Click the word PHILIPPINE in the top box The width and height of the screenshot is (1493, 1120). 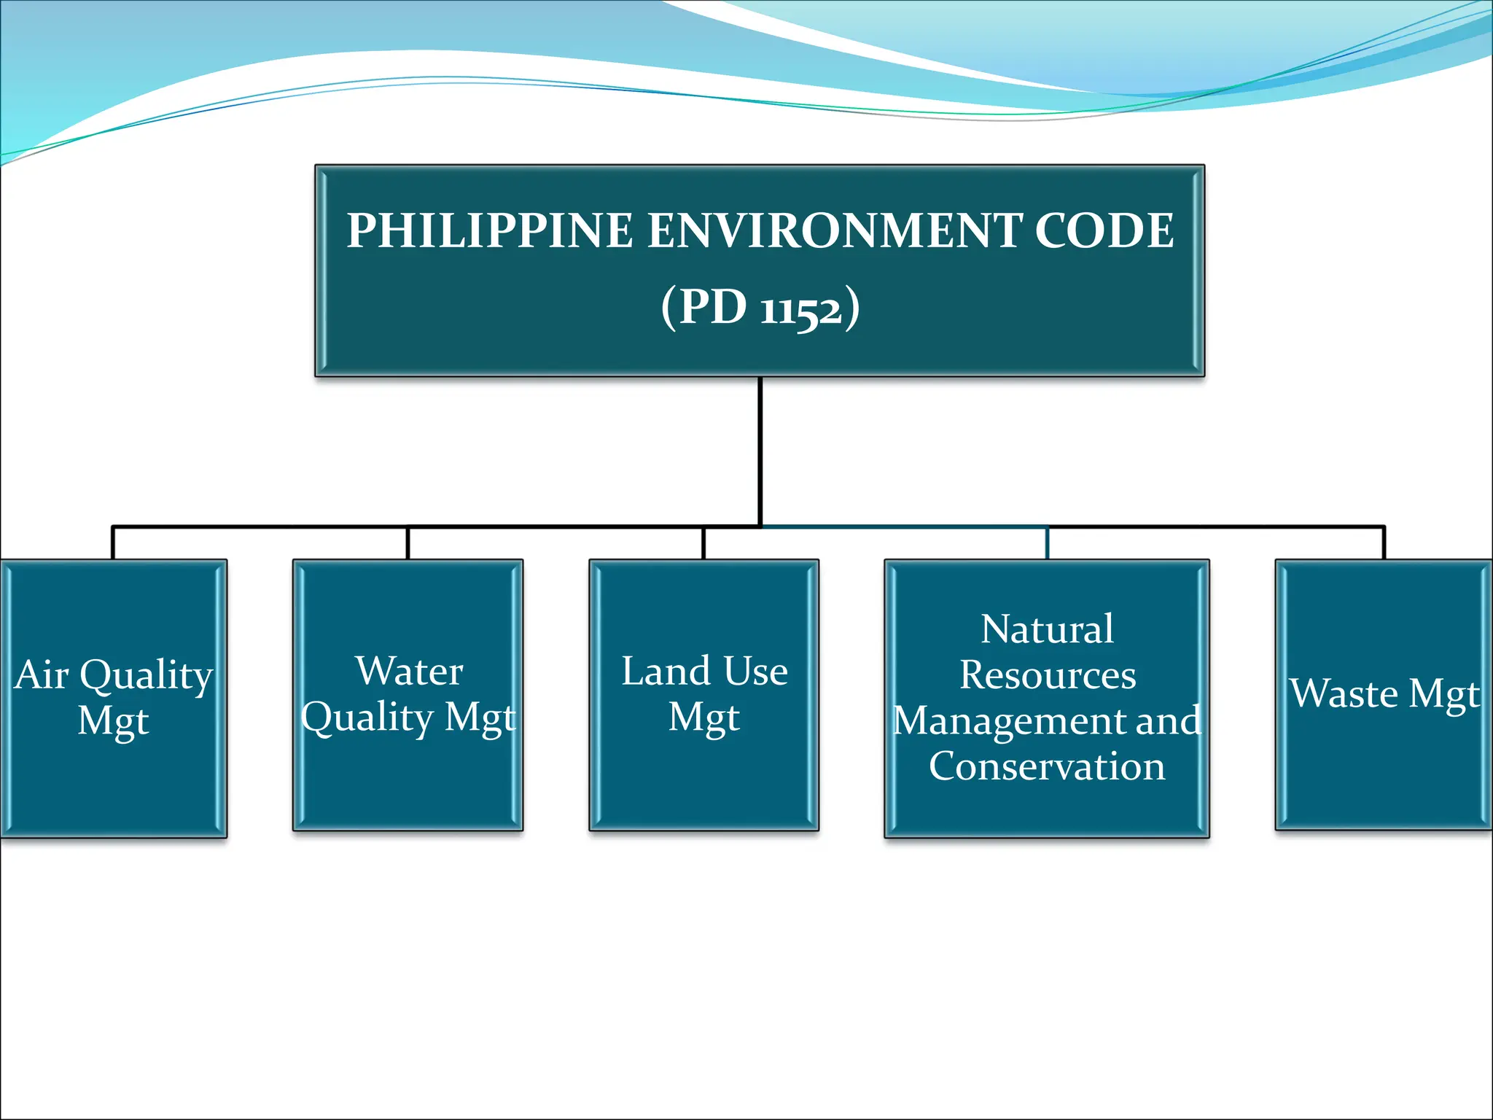coord(489,230)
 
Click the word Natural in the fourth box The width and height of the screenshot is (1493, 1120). coord(1047,629)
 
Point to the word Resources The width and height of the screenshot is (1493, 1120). coord(1048,674)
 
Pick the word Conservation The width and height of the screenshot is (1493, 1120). coord(1047,766)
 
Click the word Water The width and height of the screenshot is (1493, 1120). coord(409,671)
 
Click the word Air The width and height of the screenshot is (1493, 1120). coord(42,674)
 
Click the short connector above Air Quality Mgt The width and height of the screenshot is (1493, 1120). coord(113,543)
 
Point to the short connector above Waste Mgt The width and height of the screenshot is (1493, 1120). coord(1384,543)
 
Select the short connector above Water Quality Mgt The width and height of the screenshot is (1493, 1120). coord(408,543)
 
